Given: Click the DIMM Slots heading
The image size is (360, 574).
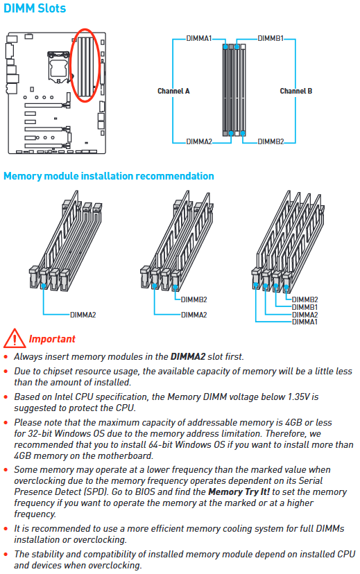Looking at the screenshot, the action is tap(35, 8).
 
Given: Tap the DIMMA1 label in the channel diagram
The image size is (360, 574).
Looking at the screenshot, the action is tap(199, 38).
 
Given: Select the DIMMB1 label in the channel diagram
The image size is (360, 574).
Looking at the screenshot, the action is tap(271, 38).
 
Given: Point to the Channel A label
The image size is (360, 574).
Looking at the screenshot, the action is tap(173, 91).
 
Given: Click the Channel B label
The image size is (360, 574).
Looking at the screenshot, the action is tap(296, 91).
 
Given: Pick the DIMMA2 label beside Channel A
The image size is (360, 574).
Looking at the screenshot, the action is tap(199, 141).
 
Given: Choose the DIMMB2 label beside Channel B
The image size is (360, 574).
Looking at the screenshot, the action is tap(271, 141).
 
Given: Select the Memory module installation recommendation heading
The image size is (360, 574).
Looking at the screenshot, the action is tap(109, 176).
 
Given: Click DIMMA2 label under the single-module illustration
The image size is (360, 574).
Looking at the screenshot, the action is tap(83, 315).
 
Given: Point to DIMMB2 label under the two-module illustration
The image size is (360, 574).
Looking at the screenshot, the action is tap(194, 299).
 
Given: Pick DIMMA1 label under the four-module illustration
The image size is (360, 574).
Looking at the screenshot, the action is tap(305, 322).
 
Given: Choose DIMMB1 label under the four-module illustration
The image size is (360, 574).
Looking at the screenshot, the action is tap(305, 307).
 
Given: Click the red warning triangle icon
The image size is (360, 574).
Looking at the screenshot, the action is tap(15, 338).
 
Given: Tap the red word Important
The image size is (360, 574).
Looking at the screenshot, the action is tap(52, 339).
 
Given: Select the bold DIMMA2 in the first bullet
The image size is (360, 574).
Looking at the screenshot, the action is tap(188, 356).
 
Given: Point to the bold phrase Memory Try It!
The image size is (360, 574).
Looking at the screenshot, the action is tap(239, 492).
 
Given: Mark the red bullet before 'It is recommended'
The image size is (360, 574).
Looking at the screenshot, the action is tap(6, 529).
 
